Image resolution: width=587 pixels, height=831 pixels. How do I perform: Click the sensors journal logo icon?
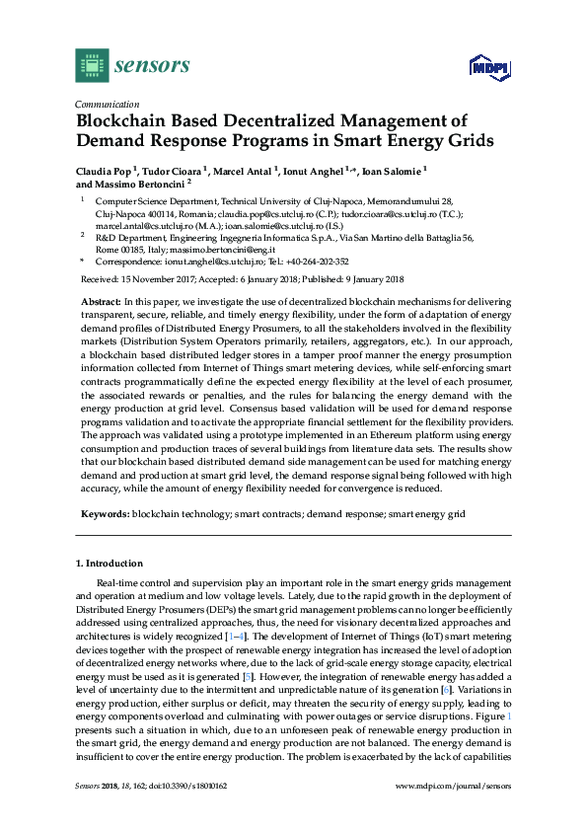pos(92,66)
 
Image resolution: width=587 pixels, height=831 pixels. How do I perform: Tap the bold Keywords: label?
pos(105,514)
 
